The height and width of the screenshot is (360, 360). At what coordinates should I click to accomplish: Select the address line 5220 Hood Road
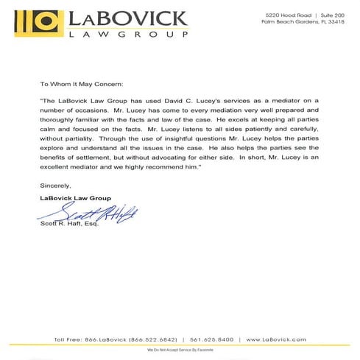[286, 14]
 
